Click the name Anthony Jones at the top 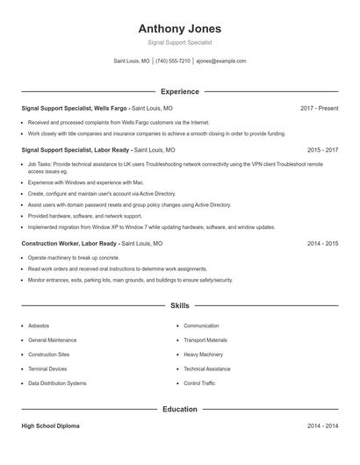click(180, 28)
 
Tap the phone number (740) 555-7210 click(173, 61)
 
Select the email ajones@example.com click(221, 61)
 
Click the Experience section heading click(180, 91)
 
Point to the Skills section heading click(180, 305)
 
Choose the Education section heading click(180, 409)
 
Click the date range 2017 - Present click(319, 108)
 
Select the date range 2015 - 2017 click(322, 150)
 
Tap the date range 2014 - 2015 click(322, 243)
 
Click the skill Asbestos click(40, 325)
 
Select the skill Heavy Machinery click(203, 354)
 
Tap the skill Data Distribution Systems click(57, 383)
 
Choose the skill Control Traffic click(199, 383)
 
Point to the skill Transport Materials click(205, 340)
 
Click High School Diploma click(50, 426)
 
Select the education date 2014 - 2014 click(322, 426)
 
